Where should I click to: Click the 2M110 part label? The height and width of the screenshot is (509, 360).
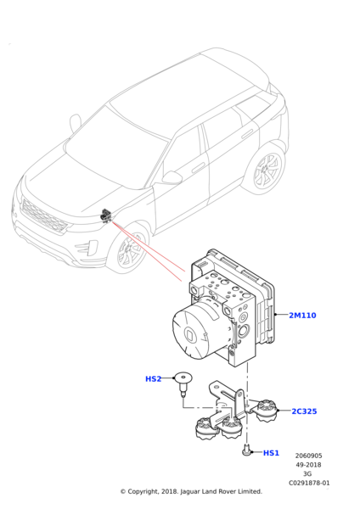coord(302,316)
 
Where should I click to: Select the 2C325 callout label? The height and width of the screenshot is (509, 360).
coord(304,411)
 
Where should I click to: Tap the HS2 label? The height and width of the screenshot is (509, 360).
coord(154,379)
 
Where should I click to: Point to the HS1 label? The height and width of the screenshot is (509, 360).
coord(271,453)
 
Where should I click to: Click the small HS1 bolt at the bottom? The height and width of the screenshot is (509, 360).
coord(246,450)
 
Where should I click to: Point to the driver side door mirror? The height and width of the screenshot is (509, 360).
coord(172,177)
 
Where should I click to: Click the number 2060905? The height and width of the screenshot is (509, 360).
coord(309,456)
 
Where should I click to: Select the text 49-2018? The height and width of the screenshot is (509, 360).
coord(308,465)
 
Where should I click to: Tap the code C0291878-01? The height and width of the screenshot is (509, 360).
coord(309,483)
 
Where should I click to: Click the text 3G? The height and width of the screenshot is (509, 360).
coord(307,474)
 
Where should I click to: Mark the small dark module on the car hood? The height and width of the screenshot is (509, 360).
coord(105,215)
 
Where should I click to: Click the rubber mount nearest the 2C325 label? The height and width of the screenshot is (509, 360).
coord(267,411)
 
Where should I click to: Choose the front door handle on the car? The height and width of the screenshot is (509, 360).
coord(198,169)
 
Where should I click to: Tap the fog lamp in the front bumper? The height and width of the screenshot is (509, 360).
coord(87,249)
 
